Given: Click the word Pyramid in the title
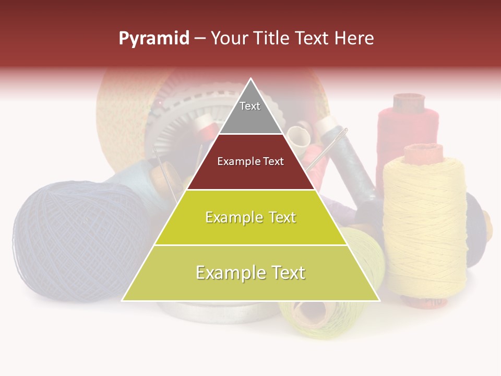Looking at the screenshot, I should coord(153,39).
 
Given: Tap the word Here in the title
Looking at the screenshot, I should coord(354,39).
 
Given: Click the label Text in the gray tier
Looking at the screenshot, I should coord(250,106).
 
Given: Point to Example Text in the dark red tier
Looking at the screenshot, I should coord(250,161).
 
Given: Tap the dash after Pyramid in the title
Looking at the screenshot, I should coord(200,39).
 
